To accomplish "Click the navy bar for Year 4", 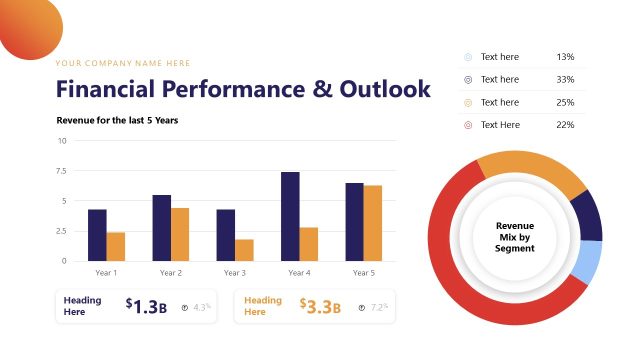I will [x=290, y=216].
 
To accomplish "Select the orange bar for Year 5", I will [x=373, y=223].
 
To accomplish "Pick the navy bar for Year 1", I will [x=97, y=235].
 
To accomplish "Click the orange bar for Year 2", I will [x=180, y=234].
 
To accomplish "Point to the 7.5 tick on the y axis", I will [x=61, y=171].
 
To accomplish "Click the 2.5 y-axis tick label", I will [x=61, y=231].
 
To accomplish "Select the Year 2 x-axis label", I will [x=170, y=273].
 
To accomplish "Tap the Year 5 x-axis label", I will [x=364, y=273].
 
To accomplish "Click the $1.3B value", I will [x=146, y=307].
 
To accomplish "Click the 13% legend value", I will [x=565, y=57].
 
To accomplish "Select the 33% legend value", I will [x=565, y=80].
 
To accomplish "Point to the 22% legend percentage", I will [x=565, y=125].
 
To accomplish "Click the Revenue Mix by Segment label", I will [x=515, y=237].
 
